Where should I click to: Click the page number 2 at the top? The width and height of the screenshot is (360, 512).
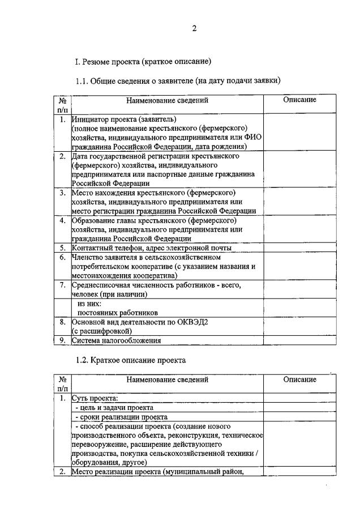coord(194,29)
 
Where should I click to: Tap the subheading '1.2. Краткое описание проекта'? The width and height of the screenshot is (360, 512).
coord(131,360)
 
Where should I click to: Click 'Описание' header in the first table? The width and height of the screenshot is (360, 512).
coord(299,100)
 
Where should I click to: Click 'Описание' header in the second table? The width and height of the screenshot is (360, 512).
coord(299,380)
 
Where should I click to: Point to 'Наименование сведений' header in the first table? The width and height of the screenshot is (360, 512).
coord(167,100)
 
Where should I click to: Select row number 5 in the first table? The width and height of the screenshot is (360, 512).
coord(62,248)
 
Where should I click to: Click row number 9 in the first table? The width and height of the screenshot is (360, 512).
coord(62,340)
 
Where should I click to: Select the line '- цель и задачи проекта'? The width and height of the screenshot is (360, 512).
coord(114,407)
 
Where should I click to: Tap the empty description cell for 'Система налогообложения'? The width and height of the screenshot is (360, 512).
coord(299,340)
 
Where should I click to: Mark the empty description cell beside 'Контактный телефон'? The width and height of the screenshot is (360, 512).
coord(299,248)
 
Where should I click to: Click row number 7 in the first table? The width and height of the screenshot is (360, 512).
coord(62,285)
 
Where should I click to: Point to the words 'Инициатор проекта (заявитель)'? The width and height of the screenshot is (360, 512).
coord(124,119)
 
